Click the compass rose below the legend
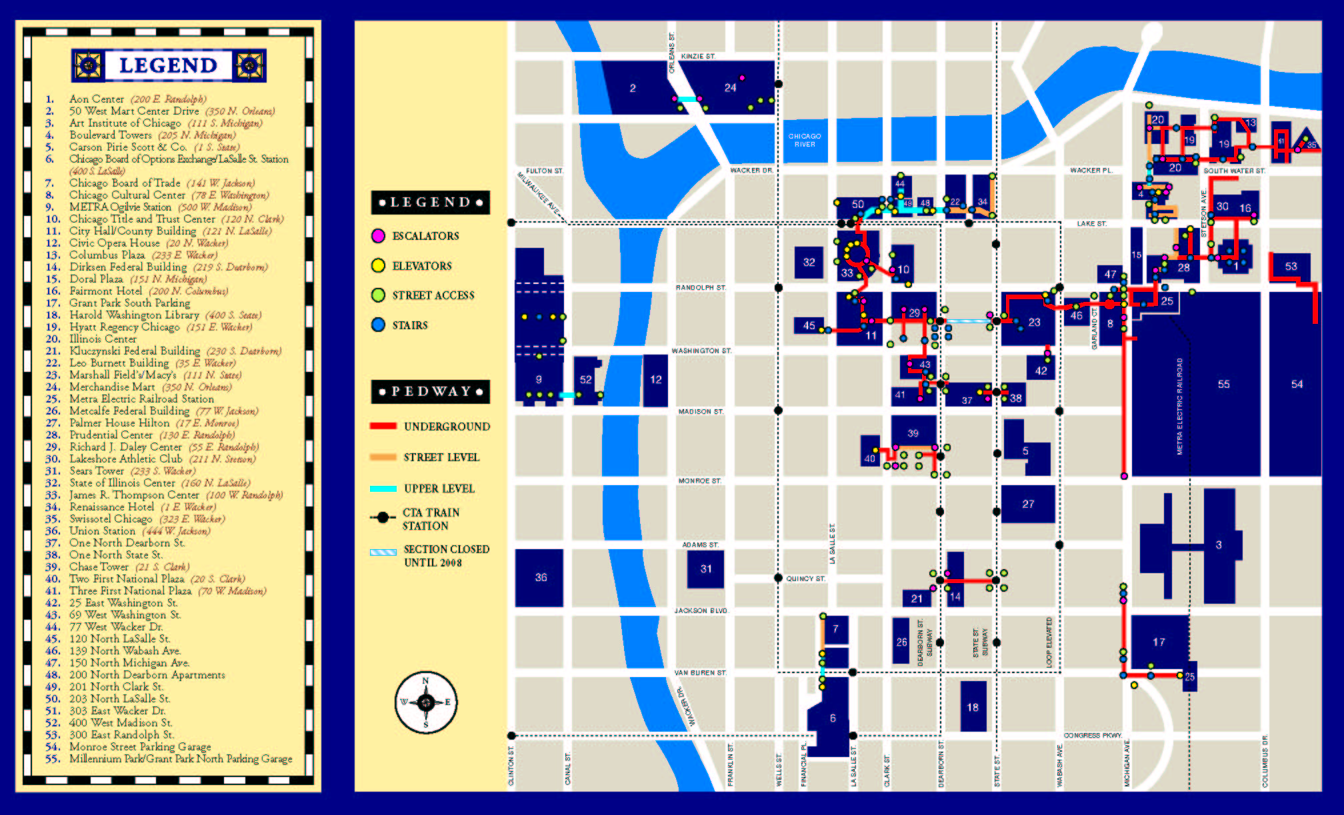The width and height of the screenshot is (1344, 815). pos(426,702)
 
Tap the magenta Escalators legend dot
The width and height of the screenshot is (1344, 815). pos(378,235)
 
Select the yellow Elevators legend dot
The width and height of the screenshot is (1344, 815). pos(378,265)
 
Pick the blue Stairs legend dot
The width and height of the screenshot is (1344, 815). pos(378,325)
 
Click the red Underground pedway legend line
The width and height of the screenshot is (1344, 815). pos(383,426)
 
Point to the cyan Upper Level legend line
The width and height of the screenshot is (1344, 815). pos(383,488)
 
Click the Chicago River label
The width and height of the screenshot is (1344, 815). pos(805,140)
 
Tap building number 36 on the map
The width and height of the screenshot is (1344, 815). pos(541,577)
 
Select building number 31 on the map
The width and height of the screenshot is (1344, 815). pos(706,568)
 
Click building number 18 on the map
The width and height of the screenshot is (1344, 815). pos(973,707)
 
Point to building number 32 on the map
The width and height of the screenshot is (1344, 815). pos(809,262)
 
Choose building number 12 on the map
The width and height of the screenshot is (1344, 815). pos(656,379)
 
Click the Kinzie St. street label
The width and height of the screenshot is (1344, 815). pos(698,57)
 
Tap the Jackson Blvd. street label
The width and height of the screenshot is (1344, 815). pos(701,610)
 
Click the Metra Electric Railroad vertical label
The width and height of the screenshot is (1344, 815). pos(1179,407)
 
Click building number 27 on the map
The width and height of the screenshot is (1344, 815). pos(1028,504)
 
